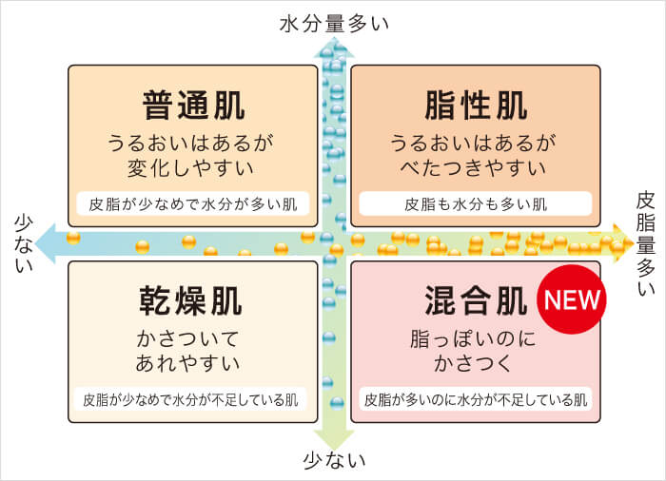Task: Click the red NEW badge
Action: [x=571, y=299]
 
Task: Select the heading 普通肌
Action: [x=193, y=106]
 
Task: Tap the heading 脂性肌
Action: [x=476, y=106]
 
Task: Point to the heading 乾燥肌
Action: [x=190, y=300]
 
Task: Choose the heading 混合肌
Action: [x=476, y=300]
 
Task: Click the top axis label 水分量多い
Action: [x=334, y=24]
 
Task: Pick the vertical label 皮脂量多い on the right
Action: [x=646, y=243]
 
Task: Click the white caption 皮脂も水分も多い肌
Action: [x=476, y=204]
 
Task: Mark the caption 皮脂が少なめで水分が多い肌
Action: [x=193, y=204]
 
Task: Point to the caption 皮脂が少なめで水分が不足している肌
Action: [x=190, y=400]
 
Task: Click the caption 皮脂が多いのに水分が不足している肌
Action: [x=476, y=400]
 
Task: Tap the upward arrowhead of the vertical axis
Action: [x=334, y=47]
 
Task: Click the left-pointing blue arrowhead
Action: [x=46, y=243]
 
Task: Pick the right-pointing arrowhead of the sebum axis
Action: [x=623, y=243]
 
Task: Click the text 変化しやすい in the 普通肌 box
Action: [x=190, y=168]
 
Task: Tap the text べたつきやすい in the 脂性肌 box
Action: [x=473, y=168]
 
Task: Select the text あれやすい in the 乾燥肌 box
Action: [x=187, y=364]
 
